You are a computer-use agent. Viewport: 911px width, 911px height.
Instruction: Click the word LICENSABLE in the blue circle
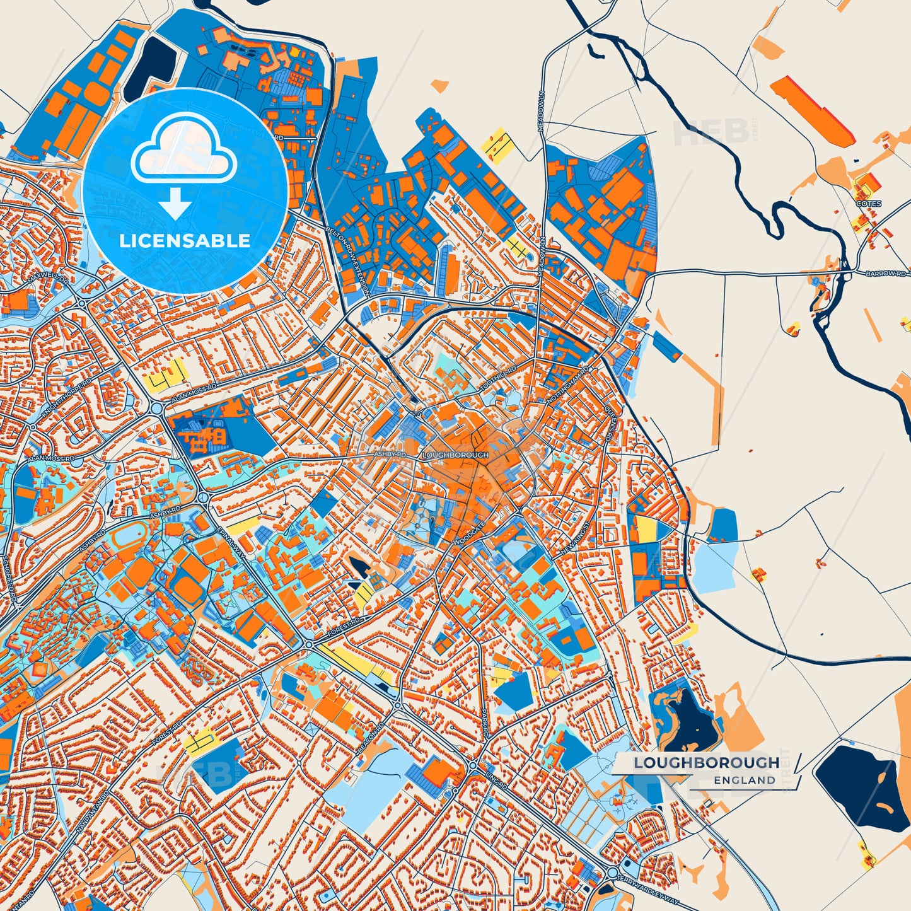(x=185, y=241)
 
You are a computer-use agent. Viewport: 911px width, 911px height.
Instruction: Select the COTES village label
(x=868, y=204)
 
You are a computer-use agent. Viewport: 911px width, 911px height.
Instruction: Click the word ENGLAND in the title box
(x=745, y=780)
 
